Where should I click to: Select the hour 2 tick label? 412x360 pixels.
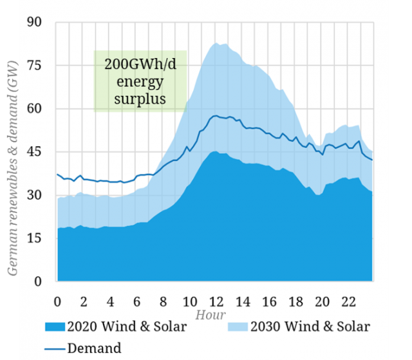[84, 301]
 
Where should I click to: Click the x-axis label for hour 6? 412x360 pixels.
[136, 301]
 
